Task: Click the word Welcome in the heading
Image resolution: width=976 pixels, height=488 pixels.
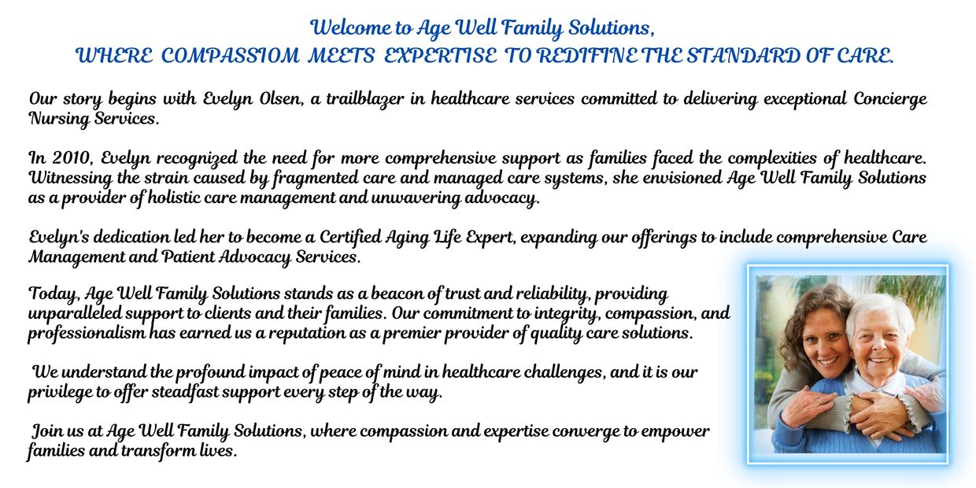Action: pos(351,28)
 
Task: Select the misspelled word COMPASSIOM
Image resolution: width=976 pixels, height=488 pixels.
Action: pos(230,56)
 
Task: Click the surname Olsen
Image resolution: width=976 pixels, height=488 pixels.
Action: pos(281,99)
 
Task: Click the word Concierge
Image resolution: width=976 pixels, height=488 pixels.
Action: pos(890,99)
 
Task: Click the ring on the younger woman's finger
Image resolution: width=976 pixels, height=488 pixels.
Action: pos(819,401)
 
